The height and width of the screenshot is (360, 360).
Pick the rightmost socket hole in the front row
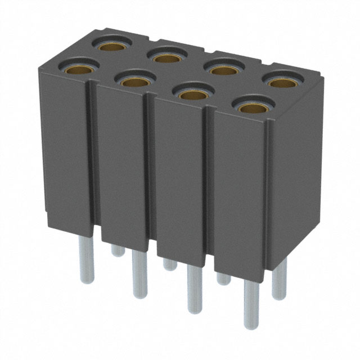point(251,106)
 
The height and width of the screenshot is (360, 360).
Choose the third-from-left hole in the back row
point(223,70)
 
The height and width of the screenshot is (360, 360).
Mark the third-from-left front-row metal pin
point(194,290)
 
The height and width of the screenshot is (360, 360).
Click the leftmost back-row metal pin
point(117,250)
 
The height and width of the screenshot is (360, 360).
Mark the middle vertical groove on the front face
point(150,169)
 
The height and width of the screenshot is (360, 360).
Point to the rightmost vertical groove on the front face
point(209,180)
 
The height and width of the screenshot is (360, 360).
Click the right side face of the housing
point(298,180)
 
